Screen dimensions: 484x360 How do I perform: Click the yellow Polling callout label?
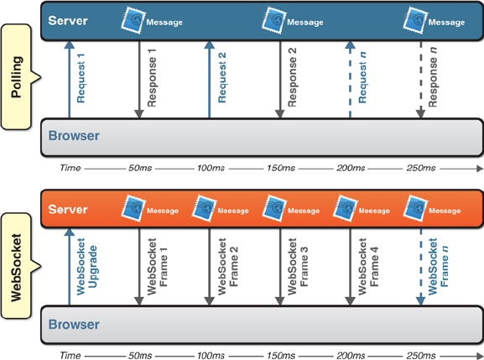pos(17,77)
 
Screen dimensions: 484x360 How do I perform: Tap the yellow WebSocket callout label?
pos(17,266)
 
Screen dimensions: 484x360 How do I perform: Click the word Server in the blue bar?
pos(68,21)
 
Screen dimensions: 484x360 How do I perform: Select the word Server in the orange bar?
pos(68,209)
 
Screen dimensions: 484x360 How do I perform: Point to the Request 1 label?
pos(81,78)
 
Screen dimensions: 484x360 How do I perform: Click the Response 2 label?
pos(292,77)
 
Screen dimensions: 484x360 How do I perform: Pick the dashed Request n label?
pos(362,77)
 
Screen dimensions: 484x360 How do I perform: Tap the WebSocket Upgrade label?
pos(86,267)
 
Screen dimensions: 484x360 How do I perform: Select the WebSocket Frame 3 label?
pos(298,267)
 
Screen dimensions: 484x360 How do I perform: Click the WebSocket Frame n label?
pos(438,267)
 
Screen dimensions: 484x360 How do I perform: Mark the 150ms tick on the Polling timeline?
pos(281,168)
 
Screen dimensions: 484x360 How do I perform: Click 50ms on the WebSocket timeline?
pos(140,355)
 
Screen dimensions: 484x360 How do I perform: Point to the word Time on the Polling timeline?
pos(70,168)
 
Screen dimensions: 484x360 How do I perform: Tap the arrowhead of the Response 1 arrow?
pos(139,114)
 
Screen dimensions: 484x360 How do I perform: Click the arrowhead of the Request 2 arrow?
pos(209,45)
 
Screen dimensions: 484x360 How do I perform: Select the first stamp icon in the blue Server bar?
pos(133,20)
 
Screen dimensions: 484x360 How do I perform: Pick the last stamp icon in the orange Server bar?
pos(415,208)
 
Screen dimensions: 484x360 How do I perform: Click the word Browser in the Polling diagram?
pos(74,136)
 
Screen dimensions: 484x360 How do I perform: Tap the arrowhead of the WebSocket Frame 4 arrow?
pos(350,301)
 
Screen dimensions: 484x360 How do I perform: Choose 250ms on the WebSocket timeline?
pos(421,355)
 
